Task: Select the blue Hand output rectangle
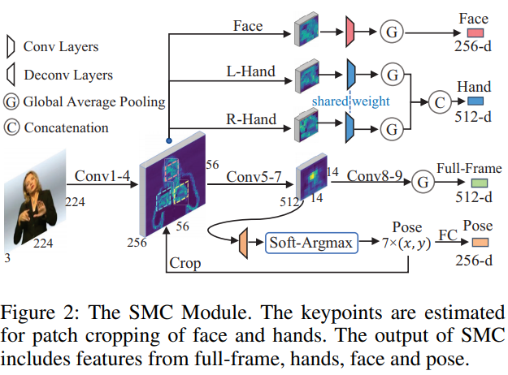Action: coord(474,101)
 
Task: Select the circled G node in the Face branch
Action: coord(392,32)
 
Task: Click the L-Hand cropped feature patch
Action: coord(307,75)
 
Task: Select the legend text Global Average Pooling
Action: coord(94,102)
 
